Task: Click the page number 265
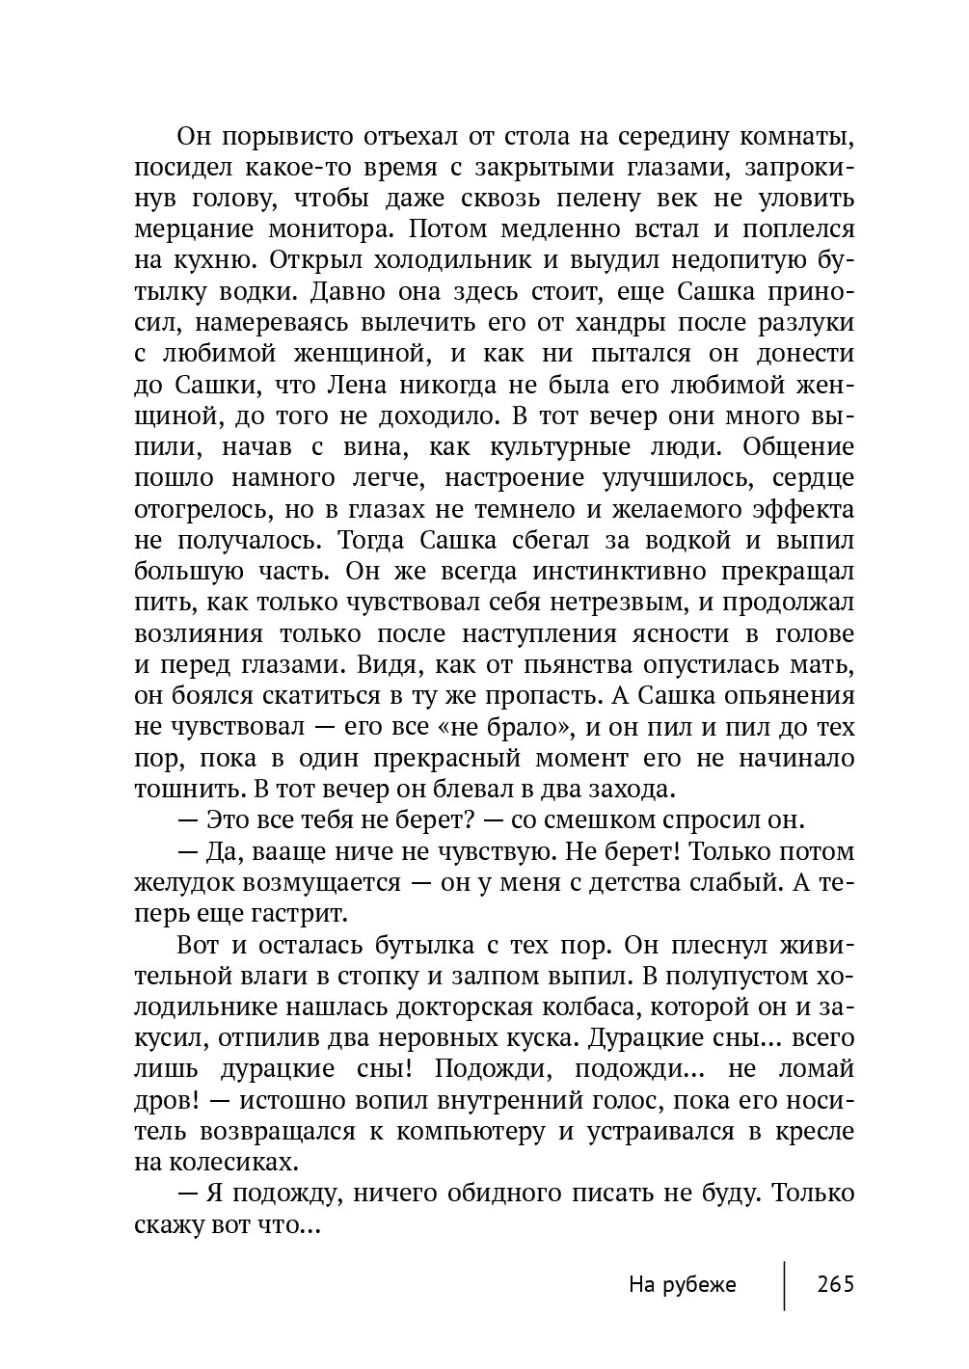click(835, 1284)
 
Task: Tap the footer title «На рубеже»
click(682, 1284)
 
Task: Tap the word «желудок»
click(179, 882)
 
